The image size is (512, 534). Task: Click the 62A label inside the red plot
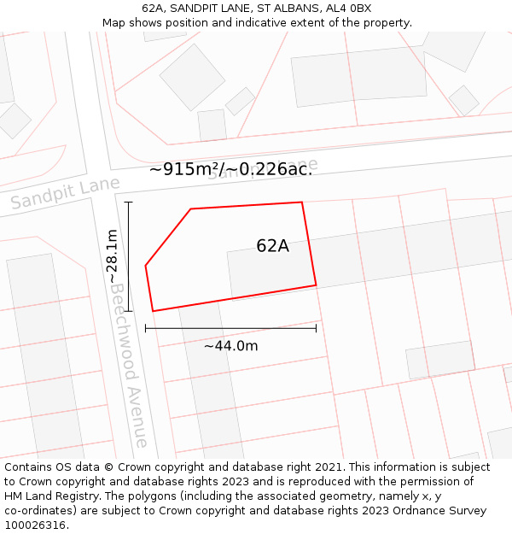[272, 246]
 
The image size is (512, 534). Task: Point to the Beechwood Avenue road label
[129, 363]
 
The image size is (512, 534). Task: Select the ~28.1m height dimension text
[113, 256]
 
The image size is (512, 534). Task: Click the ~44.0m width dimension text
[230, 345]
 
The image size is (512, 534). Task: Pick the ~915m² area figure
[183, 169]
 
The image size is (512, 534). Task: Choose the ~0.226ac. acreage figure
[271, 169]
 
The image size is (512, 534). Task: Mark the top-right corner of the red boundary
[302, 202]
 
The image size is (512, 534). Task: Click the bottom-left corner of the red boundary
[153, 311]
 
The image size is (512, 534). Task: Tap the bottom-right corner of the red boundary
[317, 285]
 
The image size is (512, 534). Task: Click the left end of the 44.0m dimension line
[146, 327]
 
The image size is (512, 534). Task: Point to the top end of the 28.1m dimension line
[129, 202]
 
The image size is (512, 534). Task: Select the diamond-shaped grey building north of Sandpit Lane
[192, 77]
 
